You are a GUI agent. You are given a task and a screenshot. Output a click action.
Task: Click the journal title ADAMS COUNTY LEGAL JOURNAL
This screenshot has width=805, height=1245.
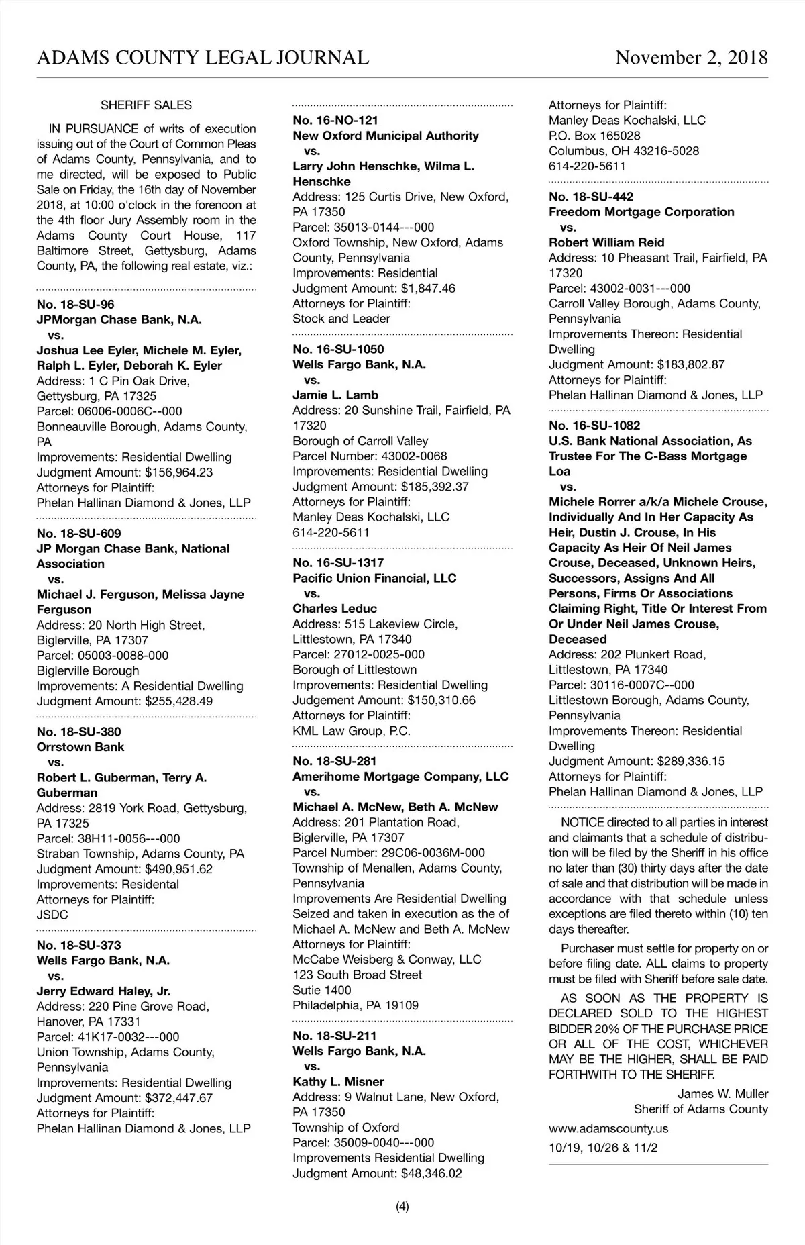click(x=203, y=58)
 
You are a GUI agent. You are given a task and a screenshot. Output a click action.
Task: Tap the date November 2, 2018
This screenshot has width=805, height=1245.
click(x=692, y=58)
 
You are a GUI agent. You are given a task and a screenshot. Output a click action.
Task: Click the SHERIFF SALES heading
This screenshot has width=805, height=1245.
click(x=146, y=105)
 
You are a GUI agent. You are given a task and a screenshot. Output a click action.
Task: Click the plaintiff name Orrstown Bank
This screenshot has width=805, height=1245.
click(x=80, y=747)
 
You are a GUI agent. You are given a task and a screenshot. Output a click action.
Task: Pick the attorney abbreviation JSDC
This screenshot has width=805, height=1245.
click(x=52, y=915)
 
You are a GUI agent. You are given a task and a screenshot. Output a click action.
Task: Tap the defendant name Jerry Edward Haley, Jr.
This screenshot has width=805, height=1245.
click(x=103, y=991)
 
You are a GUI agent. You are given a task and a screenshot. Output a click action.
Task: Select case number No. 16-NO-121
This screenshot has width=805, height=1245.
click(x=335, y=120)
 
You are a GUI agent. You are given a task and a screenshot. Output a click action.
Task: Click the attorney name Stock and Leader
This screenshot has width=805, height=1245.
click(x=341, y=319)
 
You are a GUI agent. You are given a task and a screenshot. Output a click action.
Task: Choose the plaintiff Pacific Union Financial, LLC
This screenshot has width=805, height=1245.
click(x=374, y=578)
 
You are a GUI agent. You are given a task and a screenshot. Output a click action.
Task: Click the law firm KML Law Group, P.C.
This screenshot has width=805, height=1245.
click(x=352, y=731)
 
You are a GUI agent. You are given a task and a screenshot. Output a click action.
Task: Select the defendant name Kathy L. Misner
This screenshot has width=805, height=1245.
click(x=338, y=1082)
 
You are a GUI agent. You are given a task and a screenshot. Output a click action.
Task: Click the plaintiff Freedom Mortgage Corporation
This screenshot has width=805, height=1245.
click(x=641, y=212)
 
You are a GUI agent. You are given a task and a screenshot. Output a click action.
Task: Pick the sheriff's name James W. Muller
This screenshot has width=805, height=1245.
click(x=722, y=1094)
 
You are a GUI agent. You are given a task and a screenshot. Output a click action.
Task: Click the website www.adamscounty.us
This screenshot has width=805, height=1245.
click(x=608, y=1128)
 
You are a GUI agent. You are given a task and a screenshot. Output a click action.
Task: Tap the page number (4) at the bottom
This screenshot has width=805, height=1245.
click(x=402, y=1207)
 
